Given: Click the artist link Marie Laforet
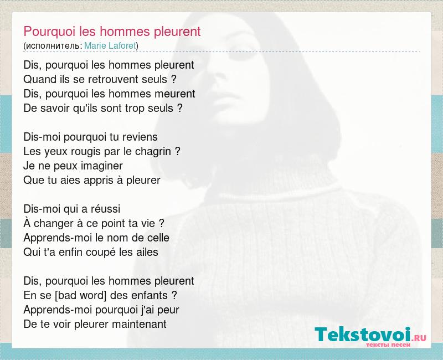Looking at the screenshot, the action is tap(110, 45).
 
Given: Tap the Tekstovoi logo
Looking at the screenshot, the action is tap(370, 336).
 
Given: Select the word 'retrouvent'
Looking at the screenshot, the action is tap(114, 79).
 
